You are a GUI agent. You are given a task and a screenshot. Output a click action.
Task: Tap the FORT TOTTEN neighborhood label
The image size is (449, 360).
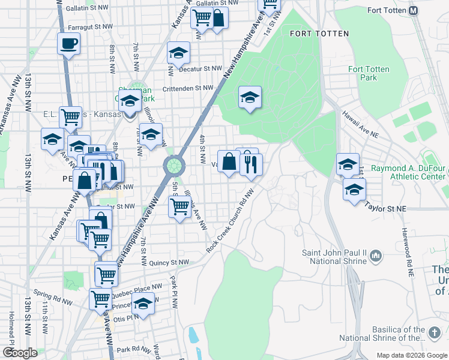pos(319,34)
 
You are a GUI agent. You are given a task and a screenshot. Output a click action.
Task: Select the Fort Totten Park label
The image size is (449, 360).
pos(369,73)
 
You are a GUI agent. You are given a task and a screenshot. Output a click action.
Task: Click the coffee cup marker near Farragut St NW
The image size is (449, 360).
pos(68,43)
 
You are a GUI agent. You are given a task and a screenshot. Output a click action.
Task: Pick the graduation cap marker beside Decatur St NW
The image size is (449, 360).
pos(178,53)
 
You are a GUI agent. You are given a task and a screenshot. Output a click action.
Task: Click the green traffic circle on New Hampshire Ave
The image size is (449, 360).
pos(174,164)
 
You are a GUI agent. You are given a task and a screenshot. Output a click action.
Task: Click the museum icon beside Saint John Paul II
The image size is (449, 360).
pos(376,256)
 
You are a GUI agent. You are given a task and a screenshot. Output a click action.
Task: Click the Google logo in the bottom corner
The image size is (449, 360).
pos(20,353)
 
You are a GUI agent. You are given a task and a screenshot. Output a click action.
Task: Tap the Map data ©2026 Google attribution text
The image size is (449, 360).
pos(411,355)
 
